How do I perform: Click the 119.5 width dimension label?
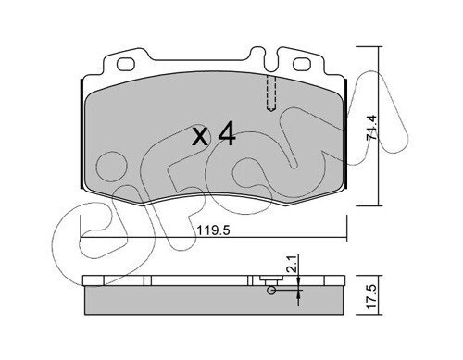tap(213, 230)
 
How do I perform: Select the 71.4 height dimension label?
tap(371, 128)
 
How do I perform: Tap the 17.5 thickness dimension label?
tap(371, 297)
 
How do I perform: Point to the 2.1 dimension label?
tap(293, 263)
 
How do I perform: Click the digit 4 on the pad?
tap(227, 133)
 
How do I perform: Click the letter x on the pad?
tap(200, 137)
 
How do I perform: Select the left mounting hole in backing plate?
tap(126, 64)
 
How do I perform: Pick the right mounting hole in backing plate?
tap(301, 64)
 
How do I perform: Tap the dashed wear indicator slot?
tap(271, 93)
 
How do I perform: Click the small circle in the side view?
tap(271, 291)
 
